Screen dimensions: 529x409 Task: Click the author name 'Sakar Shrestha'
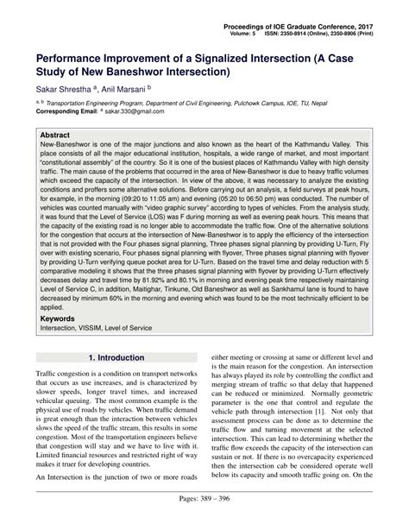click(x=66, y=88)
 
